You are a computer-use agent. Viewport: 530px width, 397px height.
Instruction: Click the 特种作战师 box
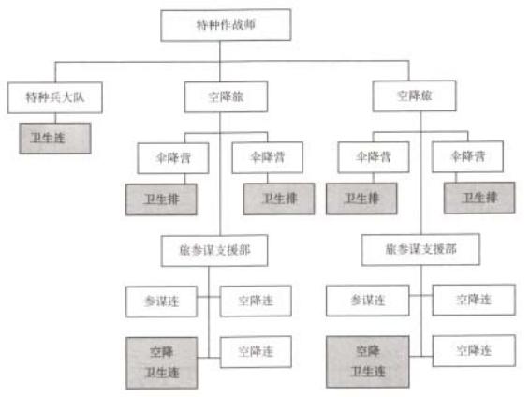226,25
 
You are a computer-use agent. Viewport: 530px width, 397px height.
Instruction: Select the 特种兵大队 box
55,97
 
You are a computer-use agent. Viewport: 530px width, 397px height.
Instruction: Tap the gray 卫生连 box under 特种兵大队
55,139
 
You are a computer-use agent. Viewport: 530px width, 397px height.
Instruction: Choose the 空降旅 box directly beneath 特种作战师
226,96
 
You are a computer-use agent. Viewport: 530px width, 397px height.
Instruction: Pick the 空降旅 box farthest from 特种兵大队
415,96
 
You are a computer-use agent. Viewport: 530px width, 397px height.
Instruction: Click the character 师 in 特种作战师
249,24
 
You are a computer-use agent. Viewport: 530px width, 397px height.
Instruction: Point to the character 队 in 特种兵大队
79,97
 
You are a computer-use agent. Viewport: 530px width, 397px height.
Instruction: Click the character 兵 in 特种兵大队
55,97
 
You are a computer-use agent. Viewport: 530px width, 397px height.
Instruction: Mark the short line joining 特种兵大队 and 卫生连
55,118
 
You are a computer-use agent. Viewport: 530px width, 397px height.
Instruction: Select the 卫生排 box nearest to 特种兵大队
161,199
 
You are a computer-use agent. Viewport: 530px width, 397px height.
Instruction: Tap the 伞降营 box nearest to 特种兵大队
173,158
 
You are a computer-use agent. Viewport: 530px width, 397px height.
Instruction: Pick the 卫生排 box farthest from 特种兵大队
479,198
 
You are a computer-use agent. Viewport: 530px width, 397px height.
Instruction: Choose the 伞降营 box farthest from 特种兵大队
468,156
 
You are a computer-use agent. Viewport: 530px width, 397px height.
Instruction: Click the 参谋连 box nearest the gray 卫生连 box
161,301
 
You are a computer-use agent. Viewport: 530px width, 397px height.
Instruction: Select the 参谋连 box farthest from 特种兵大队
368,301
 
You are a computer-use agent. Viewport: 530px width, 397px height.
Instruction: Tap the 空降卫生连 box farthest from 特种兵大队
368,361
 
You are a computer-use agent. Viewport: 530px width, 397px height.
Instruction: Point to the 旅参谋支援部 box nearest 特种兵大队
214,251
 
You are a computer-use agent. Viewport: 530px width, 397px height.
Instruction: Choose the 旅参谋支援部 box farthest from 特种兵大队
420,249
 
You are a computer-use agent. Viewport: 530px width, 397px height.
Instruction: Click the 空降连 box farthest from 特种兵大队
474,351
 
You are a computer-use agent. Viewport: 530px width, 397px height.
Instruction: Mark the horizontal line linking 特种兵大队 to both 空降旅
232,62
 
